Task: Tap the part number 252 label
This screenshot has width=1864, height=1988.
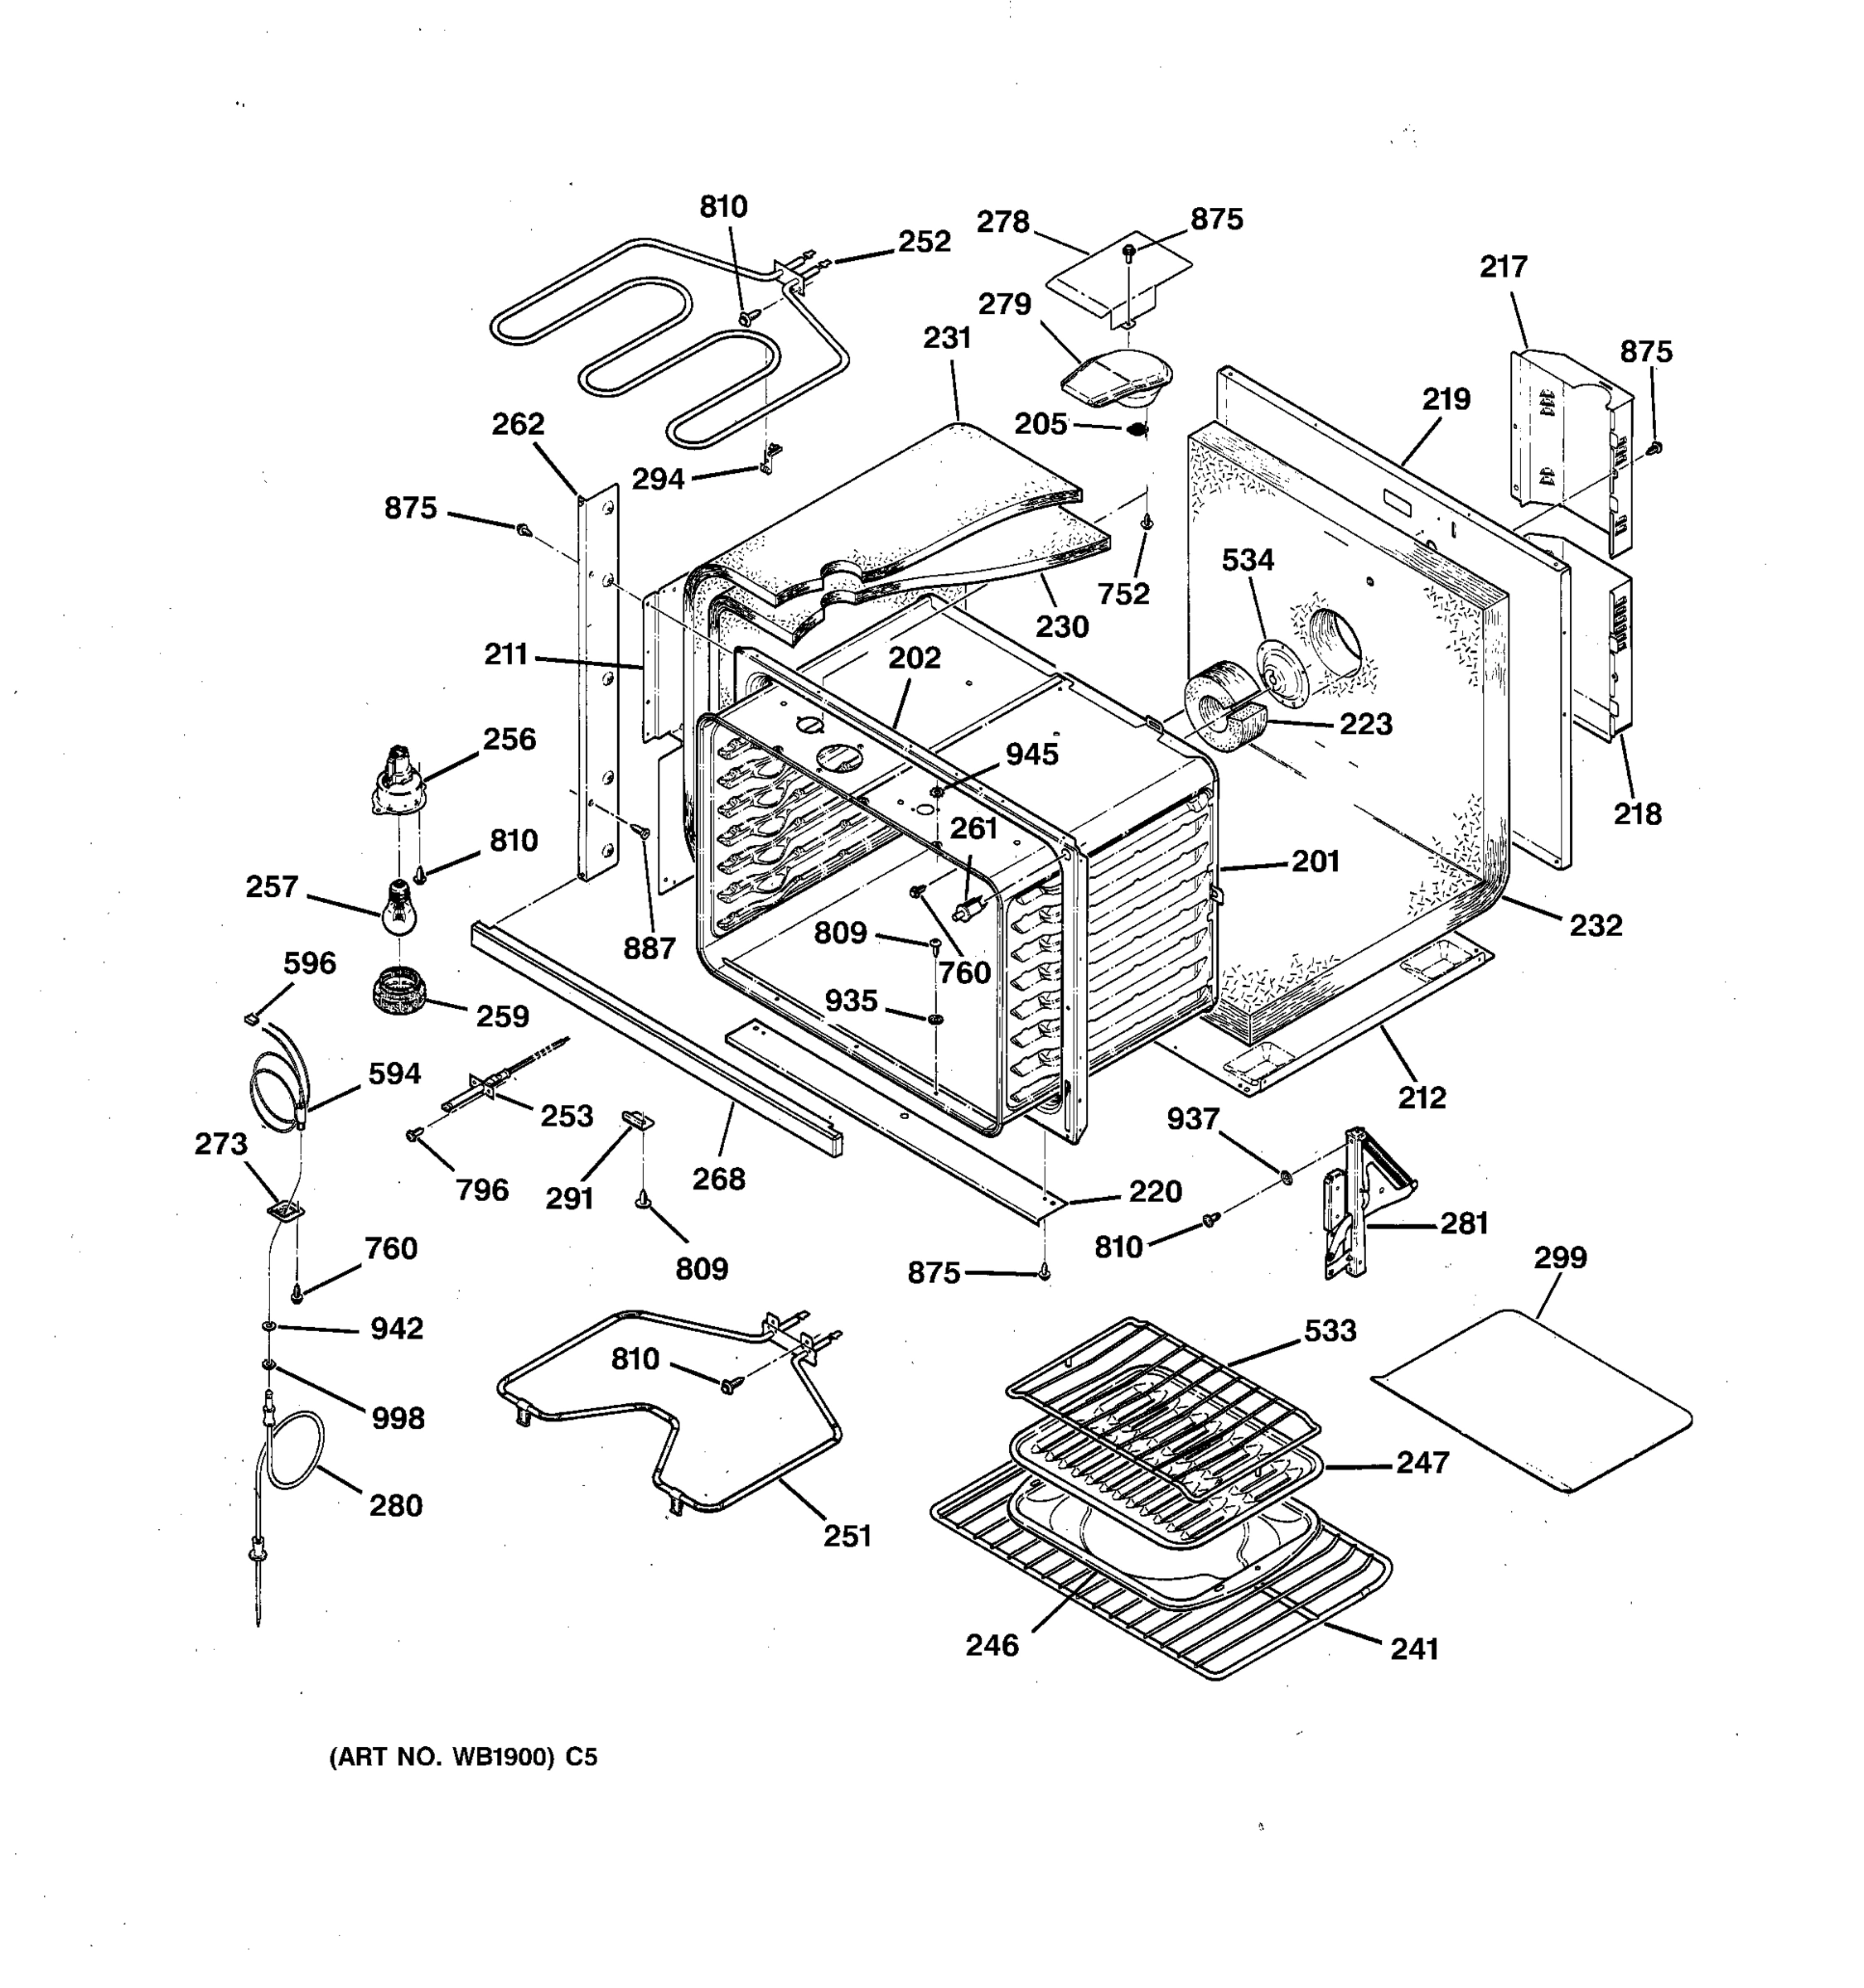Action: pyautogui.click(x=923, y=242)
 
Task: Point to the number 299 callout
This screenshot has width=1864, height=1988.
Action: pyautogui.click(x=1560, y=1257)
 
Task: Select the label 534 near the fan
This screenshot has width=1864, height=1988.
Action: pyautogui.click(x=1247, y=560)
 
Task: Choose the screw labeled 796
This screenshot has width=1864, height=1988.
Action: pyautogui.click(x=412, y=1134)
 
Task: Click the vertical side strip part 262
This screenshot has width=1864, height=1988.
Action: pyautogui.click(x=597, y=690)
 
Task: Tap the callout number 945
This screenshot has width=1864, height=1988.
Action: pyautogui.click(x=1031, y=755)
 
